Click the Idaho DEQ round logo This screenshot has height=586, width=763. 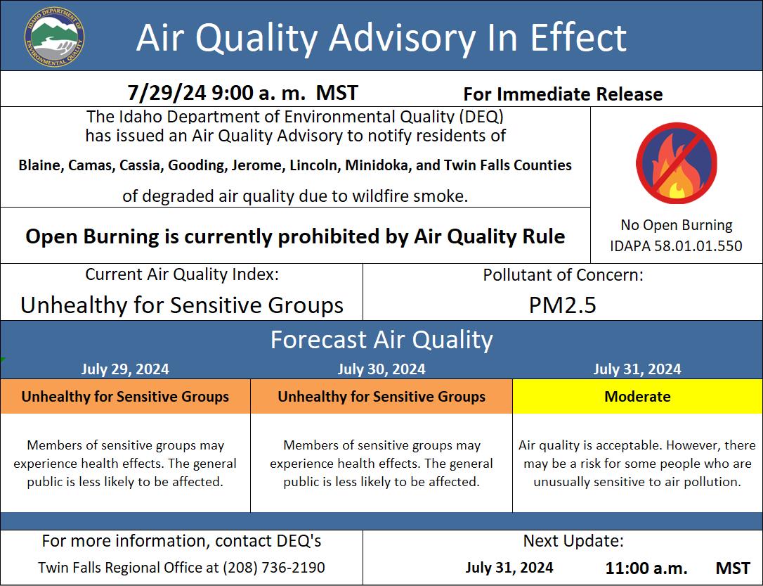[x=54, y=37]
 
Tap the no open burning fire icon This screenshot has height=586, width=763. [x=677, y=163]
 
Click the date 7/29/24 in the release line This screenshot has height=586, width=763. [x=167, y=93]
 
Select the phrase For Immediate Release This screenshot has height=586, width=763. [x=563, y=94]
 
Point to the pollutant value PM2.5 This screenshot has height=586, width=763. [x=563, y=305]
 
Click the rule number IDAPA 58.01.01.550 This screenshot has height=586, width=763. [x=677, y=246]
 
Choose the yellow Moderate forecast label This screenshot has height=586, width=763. [x=637, y=397]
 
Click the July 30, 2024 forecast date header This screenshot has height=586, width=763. [x=381, y=369]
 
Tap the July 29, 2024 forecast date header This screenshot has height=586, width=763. [x=125, y=369]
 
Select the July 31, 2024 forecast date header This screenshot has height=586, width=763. [x=637, y=369]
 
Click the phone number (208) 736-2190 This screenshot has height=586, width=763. [x=274, y=568]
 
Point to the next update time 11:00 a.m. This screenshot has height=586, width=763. [x=646, y=568]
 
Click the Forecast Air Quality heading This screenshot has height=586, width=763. [x=381, y=340]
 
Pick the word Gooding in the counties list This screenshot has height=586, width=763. [x=197, y=165]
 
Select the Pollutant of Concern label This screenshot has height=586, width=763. [x=563, y=275]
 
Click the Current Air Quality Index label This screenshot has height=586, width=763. [x=182, y=274]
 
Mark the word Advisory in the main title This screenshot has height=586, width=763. [x=403, y=37]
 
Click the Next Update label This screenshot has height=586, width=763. [x=573, y=541]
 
